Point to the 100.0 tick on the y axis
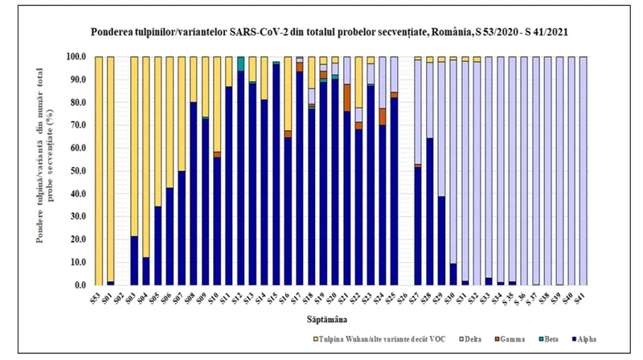point(76,57)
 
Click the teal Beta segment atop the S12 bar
point(240,63)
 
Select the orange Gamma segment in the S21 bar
point(346,97)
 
